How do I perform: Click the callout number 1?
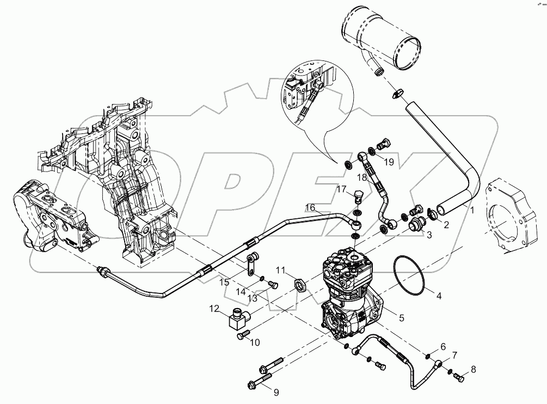point(472,209)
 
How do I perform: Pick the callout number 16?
point(310,207)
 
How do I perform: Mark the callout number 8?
point(472,370)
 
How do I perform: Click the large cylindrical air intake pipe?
point(381,41)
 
